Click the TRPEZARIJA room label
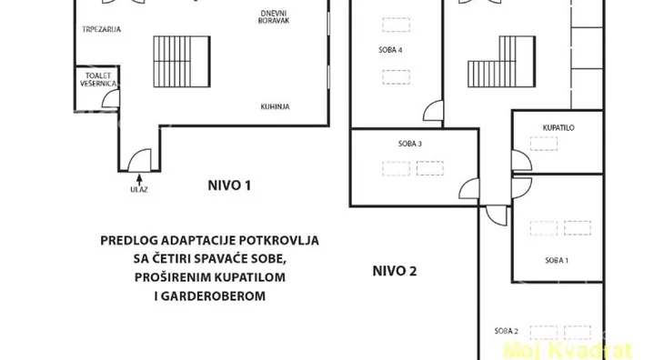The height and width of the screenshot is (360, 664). (101, 29)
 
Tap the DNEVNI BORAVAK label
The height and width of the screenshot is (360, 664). (274, 17)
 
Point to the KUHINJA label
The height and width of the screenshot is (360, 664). (275, 106)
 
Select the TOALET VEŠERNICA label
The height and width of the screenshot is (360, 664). (98, 79)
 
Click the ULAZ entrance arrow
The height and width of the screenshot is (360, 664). (139, 179)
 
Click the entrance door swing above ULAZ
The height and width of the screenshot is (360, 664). (139, 160)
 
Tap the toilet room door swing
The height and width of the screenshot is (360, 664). (111, 98)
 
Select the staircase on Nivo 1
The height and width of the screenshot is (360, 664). (182, 61)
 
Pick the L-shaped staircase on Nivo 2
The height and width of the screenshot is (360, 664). (501, 61)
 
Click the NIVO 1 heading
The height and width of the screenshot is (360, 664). (229, 185)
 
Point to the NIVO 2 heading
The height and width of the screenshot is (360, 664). (394, 271)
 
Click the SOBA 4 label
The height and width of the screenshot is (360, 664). (390, 50)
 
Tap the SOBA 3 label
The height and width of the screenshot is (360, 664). (410, 144)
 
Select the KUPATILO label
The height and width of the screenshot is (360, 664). (558, 127)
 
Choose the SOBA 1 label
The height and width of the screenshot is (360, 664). (557, 261)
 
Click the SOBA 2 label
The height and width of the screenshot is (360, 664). (506, 331)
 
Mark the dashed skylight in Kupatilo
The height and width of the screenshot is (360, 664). (544, 144)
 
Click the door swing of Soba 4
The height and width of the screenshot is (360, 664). (433, 111)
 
